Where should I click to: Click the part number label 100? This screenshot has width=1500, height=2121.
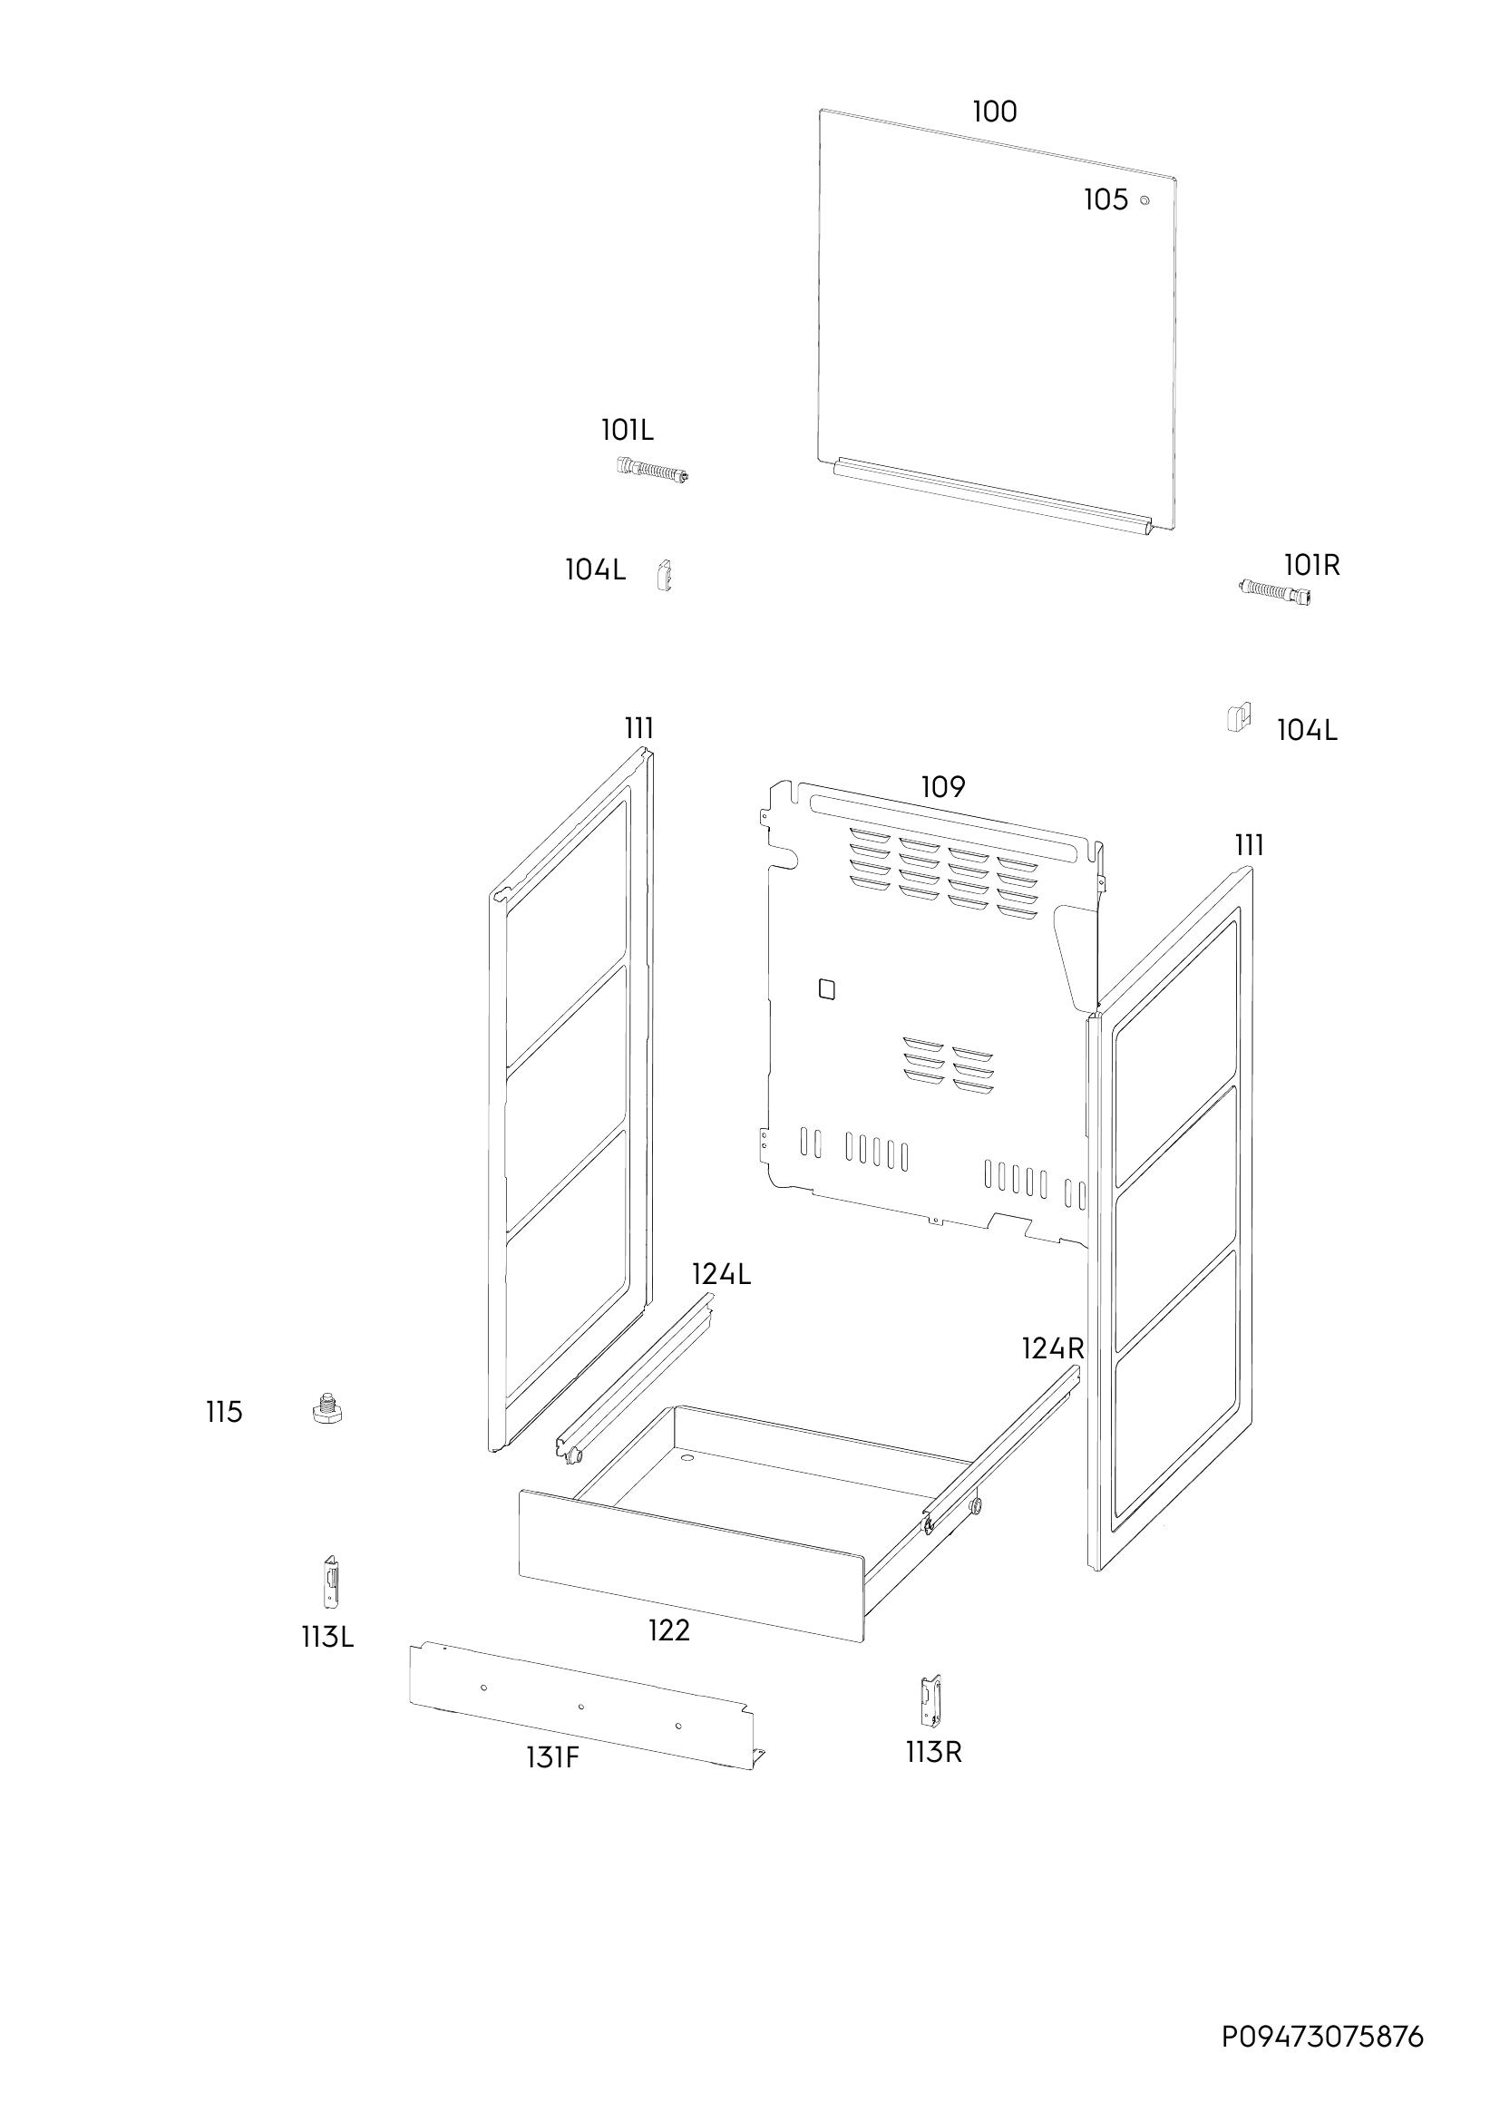click(994, 112)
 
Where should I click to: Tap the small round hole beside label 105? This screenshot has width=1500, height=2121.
click(1145, 200)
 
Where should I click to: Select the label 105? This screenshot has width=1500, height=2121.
click(1106, 199)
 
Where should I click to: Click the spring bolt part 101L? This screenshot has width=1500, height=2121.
click(653, 471)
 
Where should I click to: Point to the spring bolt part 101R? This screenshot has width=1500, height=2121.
click(1273, 591)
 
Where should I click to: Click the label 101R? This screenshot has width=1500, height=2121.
click(1311, 564)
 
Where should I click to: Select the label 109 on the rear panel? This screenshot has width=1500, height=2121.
click(943, 787)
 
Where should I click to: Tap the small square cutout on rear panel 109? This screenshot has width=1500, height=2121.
click(827, 988)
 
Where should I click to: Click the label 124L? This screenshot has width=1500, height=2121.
click(721, 1275)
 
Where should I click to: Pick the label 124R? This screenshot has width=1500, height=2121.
click(1052, 1348)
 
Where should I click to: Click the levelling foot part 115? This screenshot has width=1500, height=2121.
click(327, 1409)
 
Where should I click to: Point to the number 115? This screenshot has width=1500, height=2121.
click(224, 1413)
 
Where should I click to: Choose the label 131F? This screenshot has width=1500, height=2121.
click(552, 1757)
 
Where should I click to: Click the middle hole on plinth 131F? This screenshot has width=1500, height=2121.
click(581, 1707)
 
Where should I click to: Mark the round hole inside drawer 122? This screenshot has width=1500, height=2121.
click(687, 1457)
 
